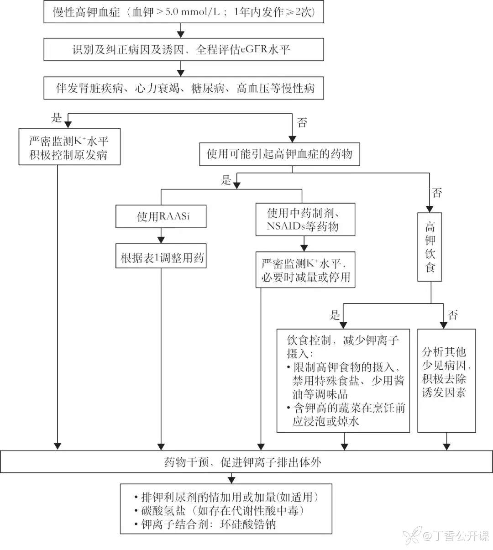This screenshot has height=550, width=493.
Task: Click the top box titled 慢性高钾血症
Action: [184, 12]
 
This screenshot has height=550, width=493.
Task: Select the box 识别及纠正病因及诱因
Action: [184, 49]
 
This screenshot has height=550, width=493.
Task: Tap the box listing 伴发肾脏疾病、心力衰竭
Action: [184, 88]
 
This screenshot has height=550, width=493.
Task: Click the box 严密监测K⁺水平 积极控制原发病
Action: [69, 147]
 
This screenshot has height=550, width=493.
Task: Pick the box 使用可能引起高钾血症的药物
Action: [280, 154]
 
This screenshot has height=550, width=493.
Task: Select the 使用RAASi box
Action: [161, 216]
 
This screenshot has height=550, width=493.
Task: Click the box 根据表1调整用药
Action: [161, 258]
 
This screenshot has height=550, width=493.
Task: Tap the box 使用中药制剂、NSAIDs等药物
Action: [305, 220]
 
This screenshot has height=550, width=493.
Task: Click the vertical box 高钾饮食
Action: [430, 246]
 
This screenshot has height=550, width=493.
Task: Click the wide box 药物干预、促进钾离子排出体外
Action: [246, 462]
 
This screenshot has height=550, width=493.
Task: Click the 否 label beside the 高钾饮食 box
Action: [437, 193]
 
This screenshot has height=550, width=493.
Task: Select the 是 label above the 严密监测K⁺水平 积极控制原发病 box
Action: [57, 118]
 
